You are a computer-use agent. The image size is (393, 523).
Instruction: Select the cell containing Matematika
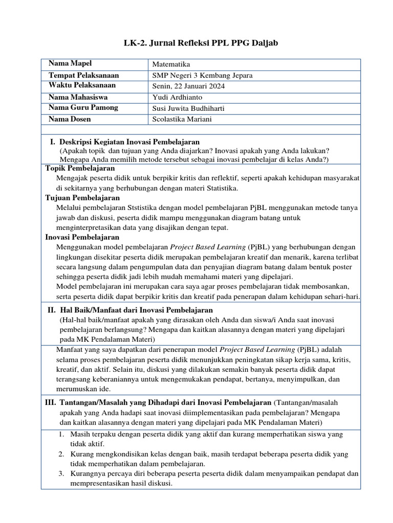(171, 64)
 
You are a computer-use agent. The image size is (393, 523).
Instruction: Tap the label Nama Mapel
(70, 63)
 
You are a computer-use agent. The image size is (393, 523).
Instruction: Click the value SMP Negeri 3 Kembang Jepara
(202, 76)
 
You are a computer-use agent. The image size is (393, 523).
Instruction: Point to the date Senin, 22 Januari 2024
(189, 86)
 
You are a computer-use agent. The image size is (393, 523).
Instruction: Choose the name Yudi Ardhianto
(177, 97)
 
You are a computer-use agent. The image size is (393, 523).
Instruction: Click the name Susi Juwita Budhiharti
(188, 108)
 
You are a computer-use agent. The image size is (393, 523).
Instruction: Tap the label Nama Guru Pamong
(83, 107)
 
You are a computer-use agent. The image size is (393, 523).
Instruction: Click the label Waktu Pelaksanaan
(82, 85)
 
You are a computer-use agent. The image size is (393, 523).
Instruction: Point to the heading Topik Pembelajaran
(80, 168)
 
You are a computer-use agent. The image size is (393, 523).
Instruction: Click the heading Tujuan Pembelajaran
(82, 198)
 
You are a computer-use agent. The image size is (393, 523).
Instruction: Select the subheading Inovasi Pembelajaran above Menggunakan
(82, 237)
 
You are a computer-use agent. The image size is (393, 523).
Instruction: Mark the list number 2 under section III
(60, 454)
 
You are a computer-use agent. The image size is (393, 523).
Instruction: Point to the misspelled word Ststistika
(147, 208)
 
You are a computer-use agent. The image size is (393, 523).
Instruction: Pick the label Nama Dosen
(70, 119)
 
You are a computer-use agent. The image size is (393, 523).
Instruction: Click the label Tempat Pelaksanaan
(83, 75)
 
